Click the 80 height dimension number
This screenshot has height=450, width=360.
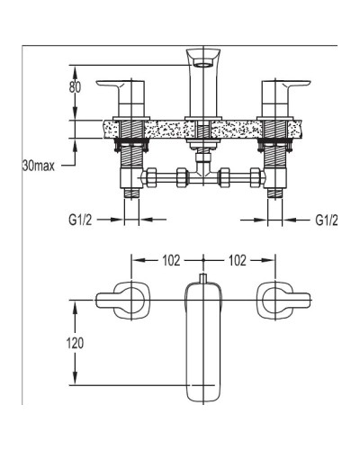pos(75,87)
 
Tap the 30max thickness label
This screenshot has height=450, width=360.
pos(39,166)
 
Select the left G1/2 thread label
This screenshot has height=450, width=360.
pos(80,220)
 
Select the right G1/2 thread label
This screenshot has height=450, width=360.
pos(327,220)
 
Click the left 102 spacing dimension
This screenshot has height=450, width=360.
pos(171,260)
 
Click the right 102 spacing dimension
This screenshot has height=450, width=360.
pos(238,260)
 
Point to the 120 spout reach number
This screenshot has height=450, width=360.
pos(75,343)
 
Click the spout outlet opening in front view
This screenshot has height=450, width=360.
pos(203,63)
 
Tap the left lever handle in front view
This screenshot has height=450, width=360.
pos(121,98)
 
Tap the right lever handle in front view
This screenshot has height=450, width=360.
pos(286,98)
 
